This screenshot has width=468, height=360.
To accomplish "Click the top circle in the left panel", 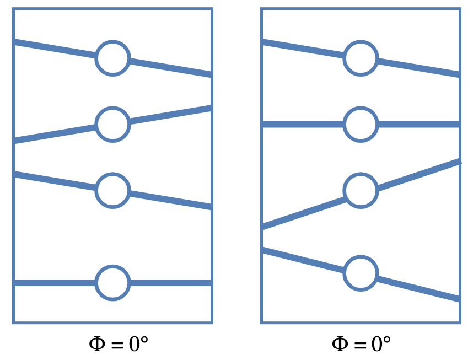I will (x=112, y=58).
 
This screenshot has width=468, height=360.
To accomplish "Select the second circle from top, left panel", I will (x=112, y=124).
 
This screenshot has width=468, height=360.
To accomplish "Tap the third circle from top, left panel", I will (x=112, y=190).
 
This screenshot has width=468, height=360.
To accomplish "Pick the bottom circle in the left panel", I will (x=112, y=283).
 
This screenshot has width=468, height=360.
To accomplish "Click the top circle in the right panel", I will (x=361, y=58).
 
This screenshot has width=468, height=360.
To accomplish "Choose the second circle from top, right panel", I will (x=361, y=124).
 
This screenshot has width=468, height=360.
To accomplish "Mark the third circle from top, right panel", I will (x=361, y=190).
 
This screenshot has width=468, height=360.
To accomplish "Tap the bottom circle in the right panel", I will (x=361, y=273).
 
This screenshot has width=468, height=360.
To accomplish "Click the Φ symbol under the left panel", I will (x=97, y=345).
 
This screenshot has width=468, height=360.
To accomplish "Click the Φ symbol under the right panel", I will (x=340, y=345).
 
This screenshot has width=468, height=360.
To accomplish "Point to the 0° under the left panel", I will (x=138, y=345).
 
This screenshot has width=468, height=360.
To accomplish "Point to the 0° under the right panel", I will (x=381, y=345).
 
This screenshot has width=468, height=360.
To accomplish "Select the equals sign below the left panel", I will (x=117, y=346).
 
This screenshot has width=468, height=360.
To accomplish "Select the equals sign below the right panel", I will (x=359, y=346).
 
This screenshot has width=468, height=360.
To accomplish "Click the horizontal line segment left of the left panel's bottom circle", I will (x=55, y=283).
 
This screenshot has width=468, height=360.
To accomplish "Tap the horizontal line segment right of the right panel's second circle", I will (x=419, y=124).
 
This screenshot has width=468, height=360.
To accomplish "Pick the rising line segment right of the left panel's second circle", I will (x=171, y=115).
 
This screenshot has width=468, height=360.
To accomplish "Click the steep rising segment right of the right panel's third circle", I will (x=419, y=175).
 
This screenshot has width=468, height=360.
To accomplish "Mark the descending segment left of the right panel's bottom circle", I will (x=303, y=260).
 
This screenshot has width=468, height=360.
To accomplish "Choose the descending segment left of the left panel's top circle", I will (x=55, y=49).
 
